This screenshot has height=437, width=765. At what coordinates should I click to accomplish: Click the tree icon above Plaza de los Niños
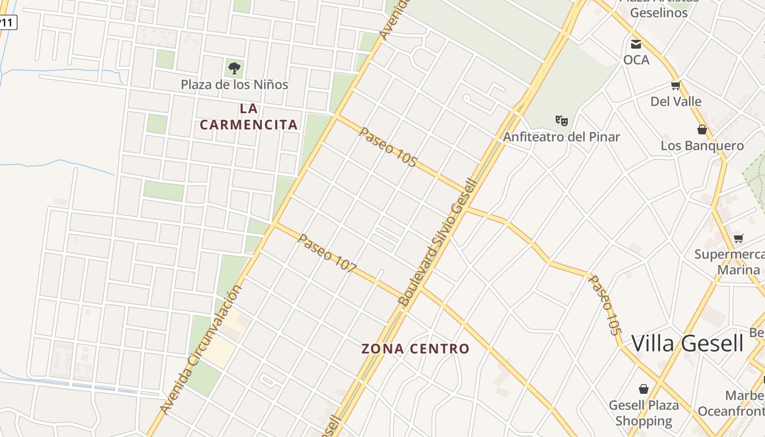coord(234,68)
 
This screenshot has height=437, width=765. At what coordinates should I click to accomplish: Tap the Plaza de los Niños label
coord(234,85)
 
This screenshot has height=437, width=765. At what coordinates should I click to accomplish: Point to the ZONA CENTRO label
coord(415,349)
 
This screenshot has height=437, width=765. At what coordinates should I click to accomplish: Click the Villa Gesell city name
coord(687,344)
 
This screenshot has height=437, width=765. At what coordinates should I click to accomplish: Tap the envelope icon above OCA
coord(636,44)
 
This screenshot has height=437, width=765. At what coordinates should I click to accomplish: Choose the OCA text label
coord(637,60)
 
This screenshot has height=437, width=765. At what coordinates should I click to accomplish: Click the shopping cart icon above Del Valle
coord(676,85)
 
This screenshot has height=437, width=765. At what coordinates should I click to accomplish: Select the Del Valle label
coord(676,101)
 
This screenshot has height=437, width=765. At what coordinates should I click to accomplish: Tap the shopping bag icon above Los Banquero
coord(702,129)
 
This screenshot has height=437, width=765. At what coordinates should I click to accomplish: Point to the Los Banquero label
coord(702,146)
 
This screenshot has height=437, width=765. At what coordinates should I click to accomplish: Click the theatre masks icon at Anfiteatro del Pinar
coord(561,120)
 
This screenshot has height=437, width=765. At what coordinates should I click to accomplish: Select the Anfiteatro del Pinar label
coord(561,137)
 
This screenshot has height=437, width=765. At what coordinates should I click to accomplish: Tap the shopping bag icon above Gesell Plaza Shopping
coord(644,389)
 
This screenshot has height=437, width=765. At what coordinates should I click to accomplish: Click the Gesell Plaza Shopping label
coord(644,413)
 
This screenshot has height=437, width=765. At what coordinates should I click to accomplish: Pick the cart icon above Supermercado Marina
coord(739,238)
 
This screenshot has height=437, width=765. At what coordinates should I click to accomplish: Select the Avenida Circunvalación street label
coord(201,350)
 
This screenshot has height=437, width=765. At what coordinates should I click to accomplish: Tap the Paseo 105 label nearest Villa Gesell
coord(605,305)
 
